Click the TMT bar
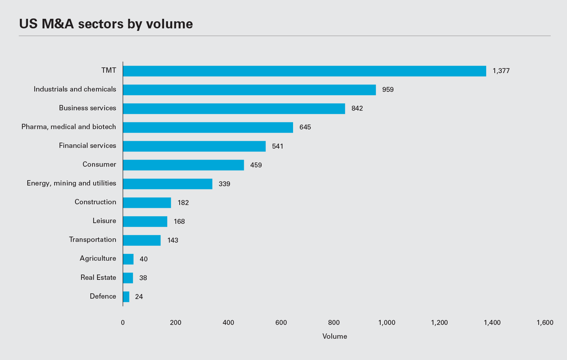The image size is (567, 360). click(304, 71)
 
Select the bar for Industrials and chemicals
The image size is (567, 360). click(249, 90)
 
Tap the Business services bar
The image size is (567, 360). click(234, 109)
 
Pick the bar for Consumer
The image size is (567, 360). click(183, 165)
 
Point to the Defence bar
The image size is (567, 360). click(126, 297)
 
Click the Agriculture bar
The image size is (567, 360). click(128, 259)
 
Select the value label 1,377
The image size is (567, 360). click(501, 71)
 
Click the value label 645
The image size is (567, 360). click(305, 127)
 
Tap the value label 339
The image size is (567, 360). click(224, 184)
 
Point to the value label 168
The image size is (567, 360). click(179, 221)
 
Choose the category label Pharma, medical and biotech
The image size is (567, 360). click(69, 127)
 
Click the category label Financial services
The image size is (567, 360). click(88, 146)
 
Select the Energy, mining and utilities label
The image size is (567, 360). click(72, 183)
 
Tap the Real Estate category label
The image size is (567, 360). click(98, 277)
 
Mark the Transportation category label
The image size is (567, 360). click(92, 240)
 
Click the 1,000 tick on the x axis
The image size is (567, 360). click(387, 323)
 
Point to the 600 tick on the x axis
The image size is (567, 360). click(281, 323)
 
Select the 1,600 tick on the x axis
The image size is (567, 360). click(545, 323)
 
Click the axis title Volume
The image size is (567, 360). click(335, 337)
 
